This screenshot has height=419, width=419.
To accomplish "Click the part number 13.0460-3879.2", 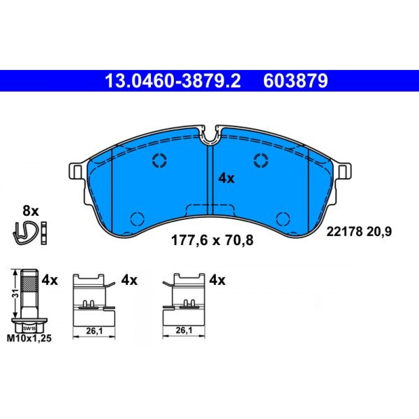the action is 173,81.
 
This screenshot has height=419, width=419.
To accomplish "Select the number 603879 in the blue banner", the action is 295,81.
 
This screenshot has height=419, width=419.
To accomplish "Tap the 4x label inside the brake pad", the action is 226,178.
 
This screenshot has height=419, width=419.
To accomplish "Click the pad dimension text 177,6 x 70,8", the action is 212,240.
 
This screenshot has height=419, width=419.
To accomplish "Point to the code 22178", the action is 344,231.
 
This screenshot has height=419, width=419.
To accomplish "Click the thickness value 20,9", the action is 379,232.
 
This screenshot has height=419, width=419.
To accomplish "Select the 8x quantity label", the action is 31,211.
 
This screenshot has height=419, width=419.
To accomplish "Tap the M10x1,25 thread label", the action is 29,339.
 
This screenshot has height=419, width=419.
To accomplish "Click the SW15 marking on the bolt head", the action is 29,328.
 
